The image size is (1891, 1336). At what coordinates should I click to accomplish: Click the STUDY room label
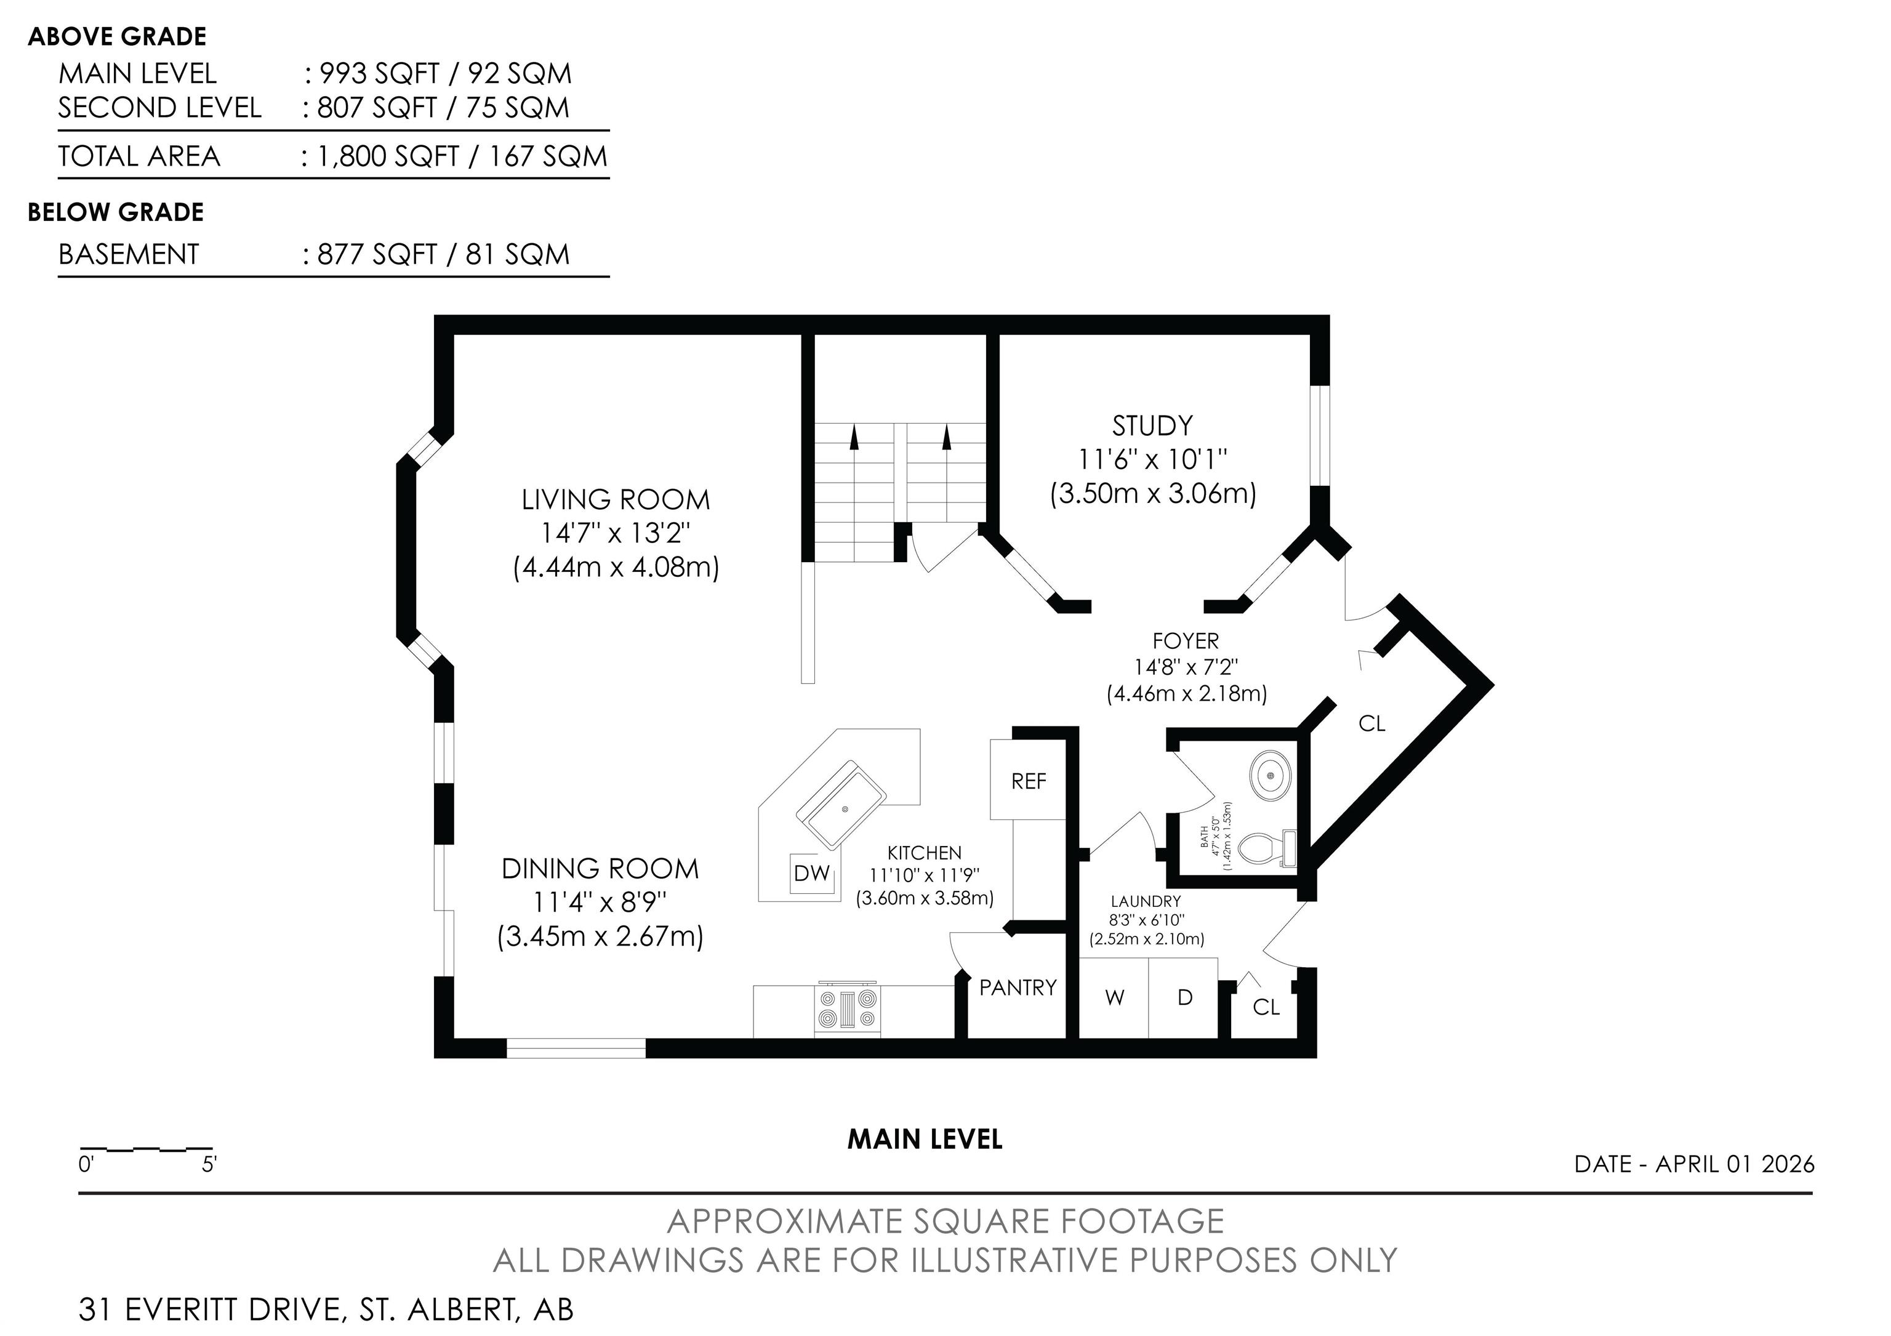coord(1152,426)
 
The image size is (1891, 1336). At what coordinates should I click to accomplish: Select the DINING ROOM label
coord(600,869)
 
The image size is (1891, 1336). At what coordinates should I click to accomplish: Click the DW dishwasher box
coord(812,873)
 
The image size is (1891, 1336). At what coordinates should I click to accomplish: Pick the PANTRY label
coord(1018,988)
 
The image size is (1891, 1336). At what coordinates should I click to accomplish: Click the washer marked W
coord(1114,998)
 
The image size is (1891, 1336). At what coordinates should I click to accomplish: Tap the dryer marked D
coord(1184,998)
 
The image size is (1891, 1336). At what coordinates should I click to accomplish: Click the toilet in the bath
coord(1267,849)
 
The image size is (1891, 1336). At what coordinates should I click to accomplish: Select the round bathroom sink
coord(1272,775)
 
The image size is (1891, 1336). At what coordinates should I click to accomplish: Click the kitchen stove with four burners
coord(846,1010)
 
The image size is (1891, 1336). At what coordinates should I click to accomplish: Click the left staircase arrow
coord(854,437)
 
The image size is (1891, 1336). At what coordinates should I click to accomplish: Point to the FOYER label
coord(1186,641)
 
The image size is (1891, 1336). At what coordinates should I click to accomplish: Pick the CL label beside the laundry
coord(1266,1007)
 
